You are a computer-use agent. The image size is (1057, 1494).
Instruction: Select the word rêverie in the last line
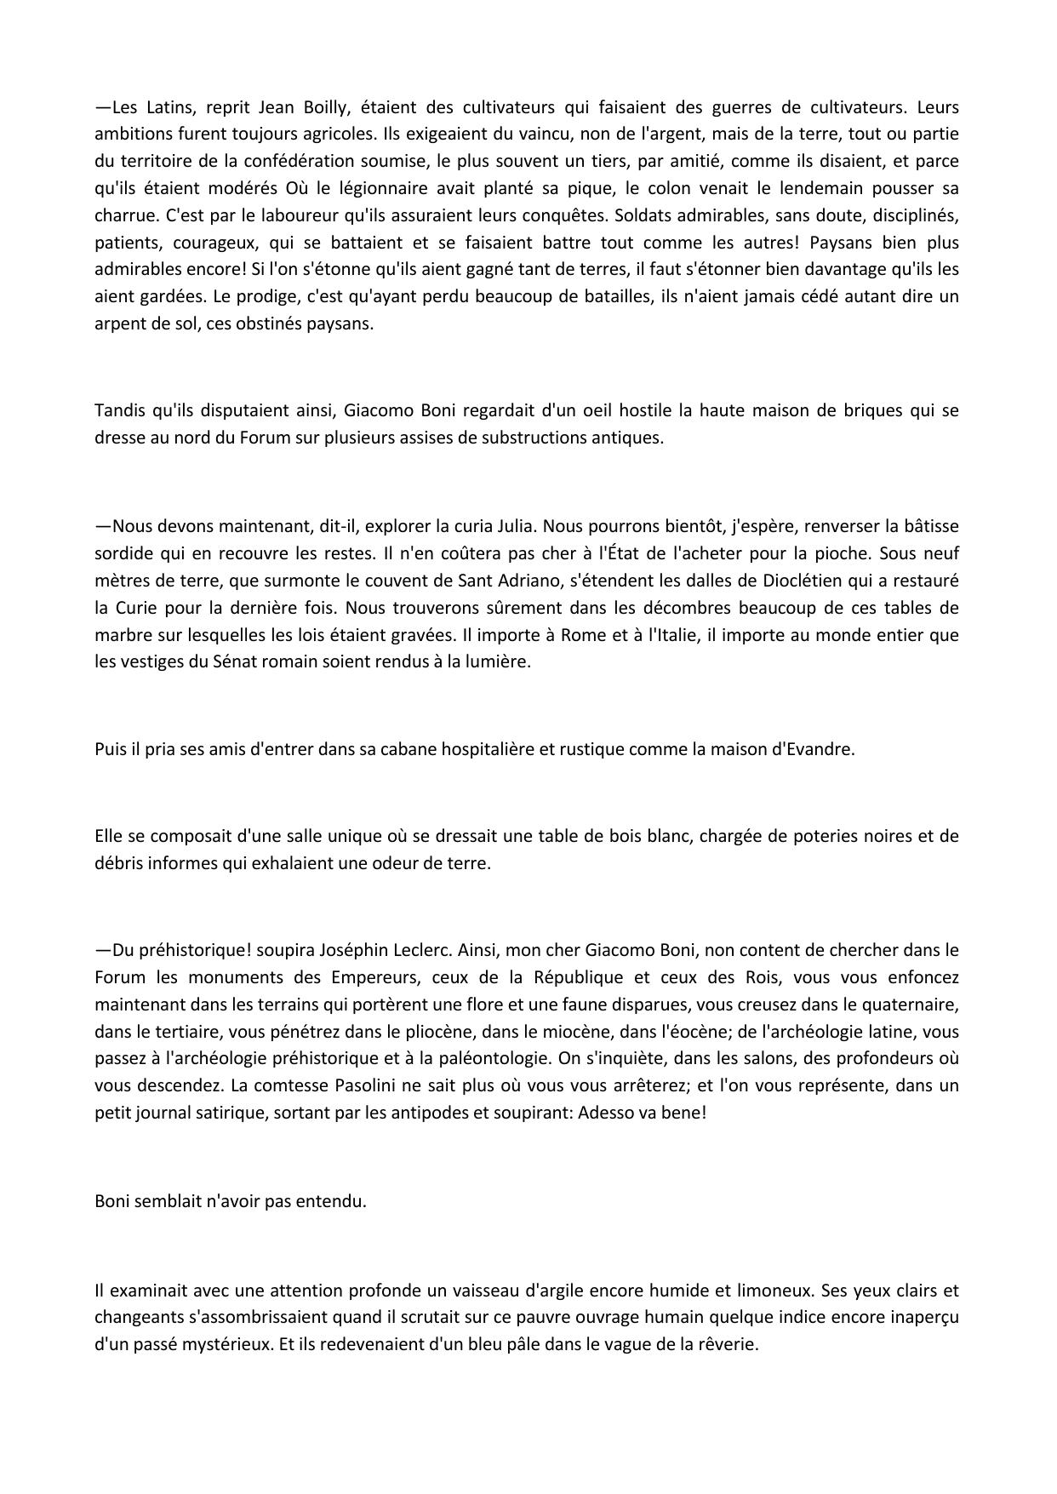727,1345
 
